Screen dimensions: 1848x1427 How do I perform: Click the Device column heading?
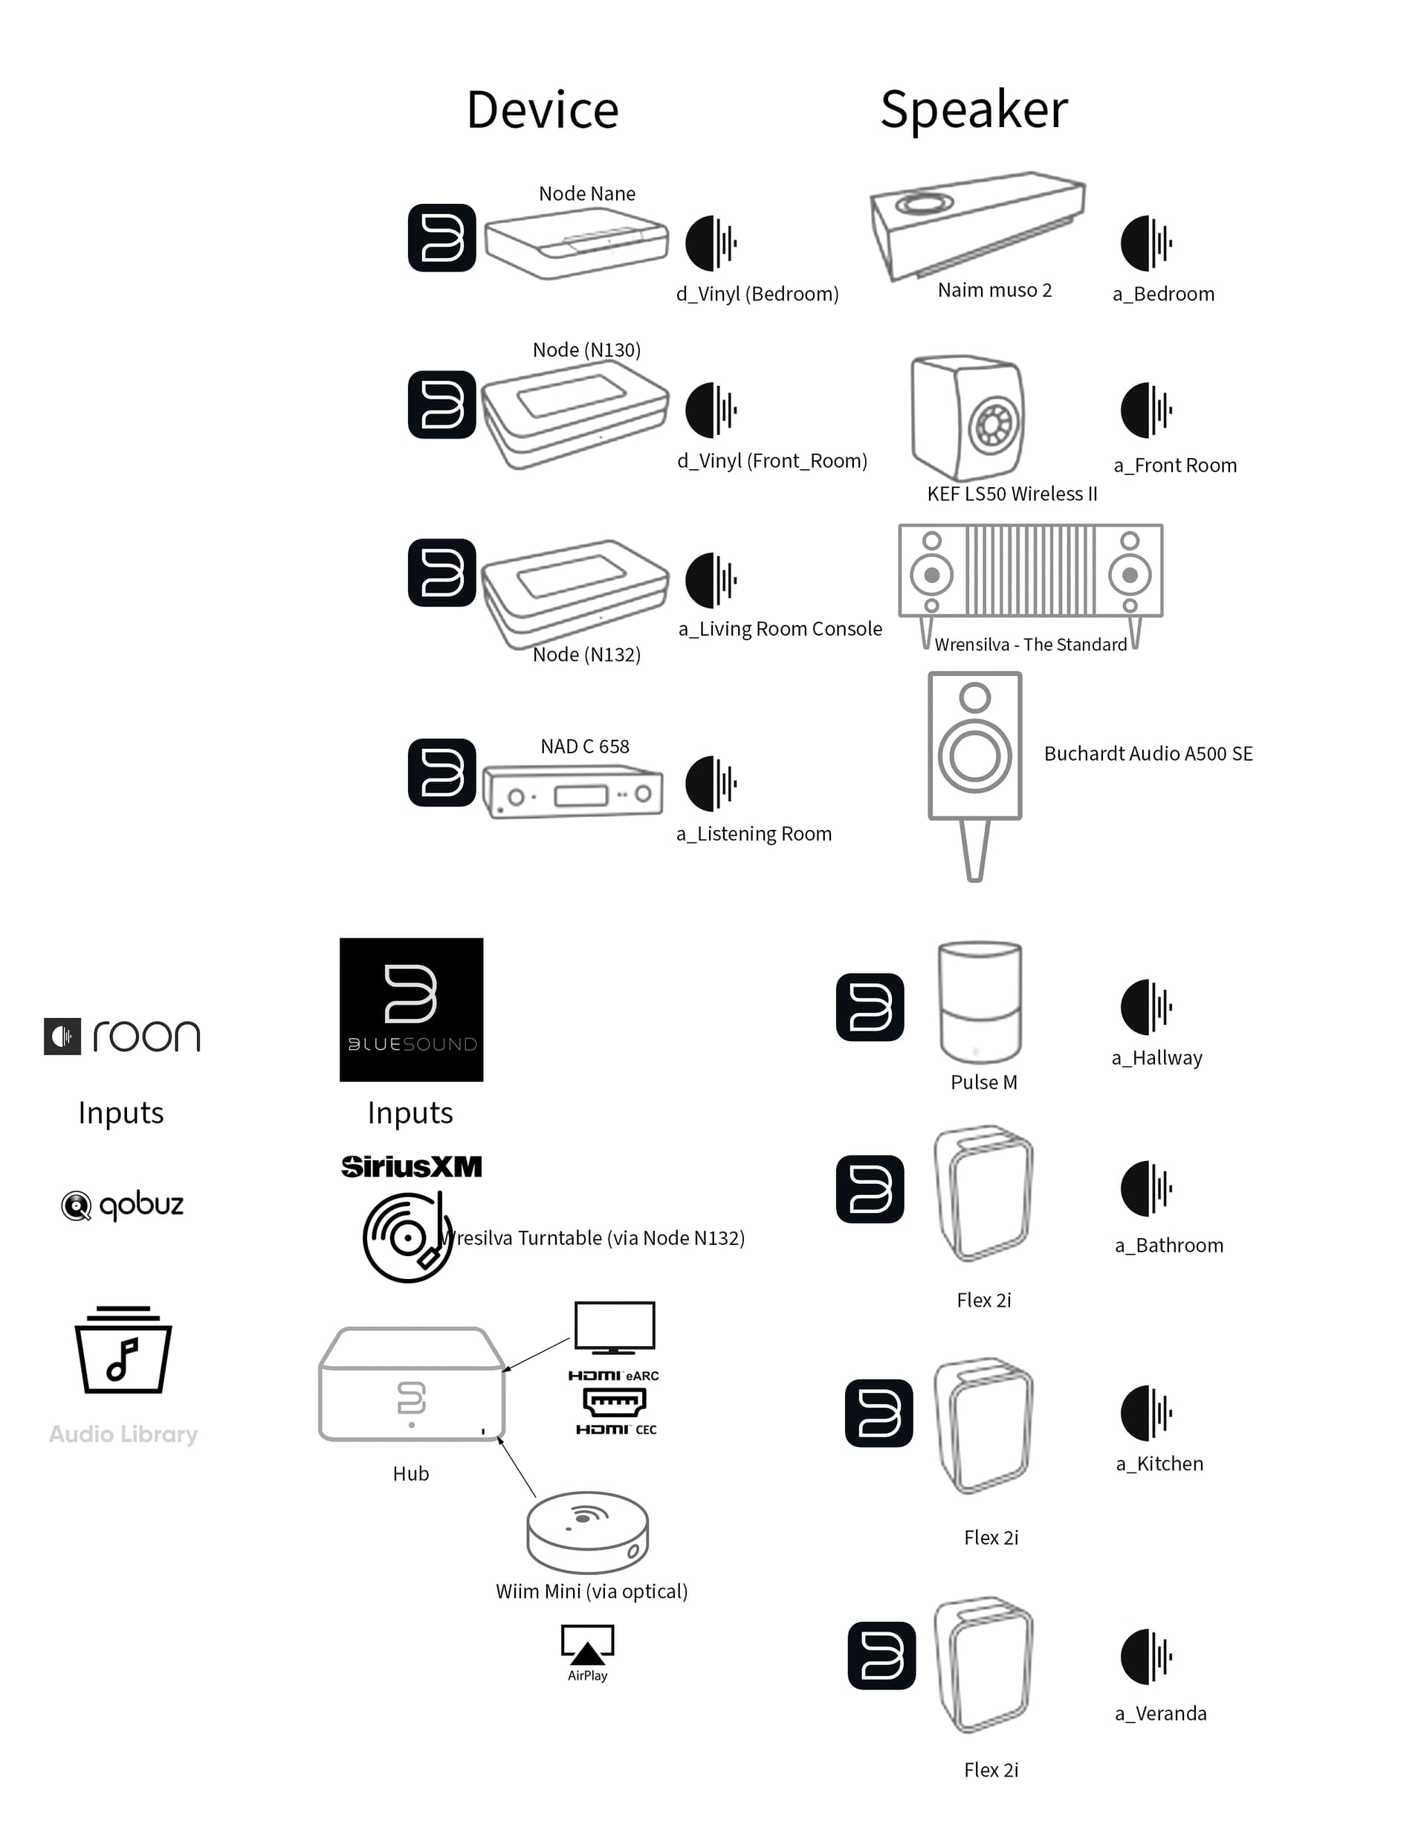pos(543,110)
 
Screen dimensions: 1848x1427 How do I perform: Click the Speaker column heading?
pos(974,110)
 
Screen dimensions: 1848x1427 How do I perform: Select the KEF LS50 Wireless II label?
pos(1012,494)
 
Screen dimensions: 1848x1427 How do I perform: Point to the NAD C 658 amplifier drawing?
pos(573,792)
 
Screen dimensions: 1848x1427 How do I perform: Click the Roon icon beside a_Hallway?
pos(1146,1007)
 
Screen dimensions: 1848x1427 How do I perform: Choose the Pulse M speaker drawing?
pos(980,1002)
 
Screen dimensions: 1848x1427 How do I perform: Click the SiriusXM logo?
pos(411,1167)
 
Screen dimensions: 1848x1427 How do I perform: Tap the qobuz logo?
pos(123,1205)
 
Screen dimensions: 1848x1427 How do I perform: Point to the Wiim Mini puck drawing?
pos(587,1531)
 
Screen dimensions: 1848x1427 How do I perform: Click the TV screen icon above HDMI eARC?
pos(614,1327)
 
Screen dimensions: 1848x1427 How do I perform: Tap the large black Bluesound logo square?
pos(411,1009)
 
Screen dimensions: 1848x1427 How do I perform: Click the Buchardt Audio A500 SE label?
pos(1148,754)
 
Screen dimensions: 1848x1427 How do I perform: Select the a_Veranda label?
pos(1160,1713)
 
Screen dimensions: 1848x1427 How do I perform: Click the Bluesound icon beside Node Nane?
pos(441,238)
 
